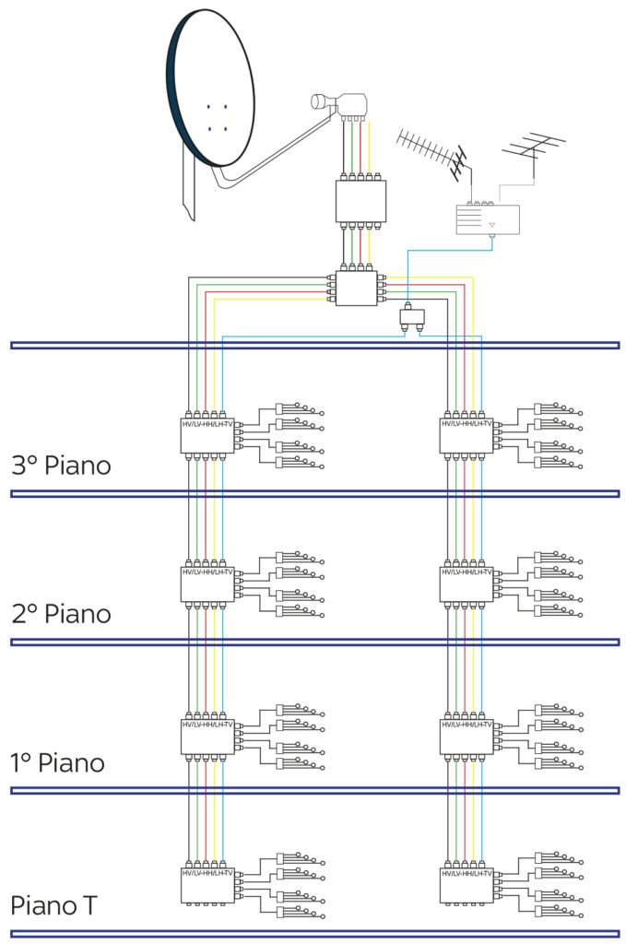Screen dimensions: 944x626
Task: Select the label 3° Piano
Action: tap(61, 466)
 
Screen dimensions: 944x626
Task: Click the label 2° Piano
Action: tap(61, 613)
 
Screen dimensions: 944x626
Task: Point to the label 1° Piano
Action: tap(57, 763)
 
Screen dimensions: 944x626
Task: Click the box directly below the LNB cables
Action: tap(360, 199)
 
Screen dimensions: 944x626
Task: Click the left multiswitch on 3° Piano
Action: tap(207, 435)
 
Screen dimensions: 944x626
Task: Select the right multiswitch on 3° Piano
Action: tap(467, 435)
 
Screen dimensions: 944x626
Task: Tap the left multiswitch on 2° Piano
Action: tap(207, 584)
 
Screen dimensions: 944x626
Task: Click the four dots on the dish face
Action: tap(217, 117)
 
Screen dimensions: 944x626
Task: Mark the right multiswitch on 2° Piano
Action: tap(467, 584)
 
